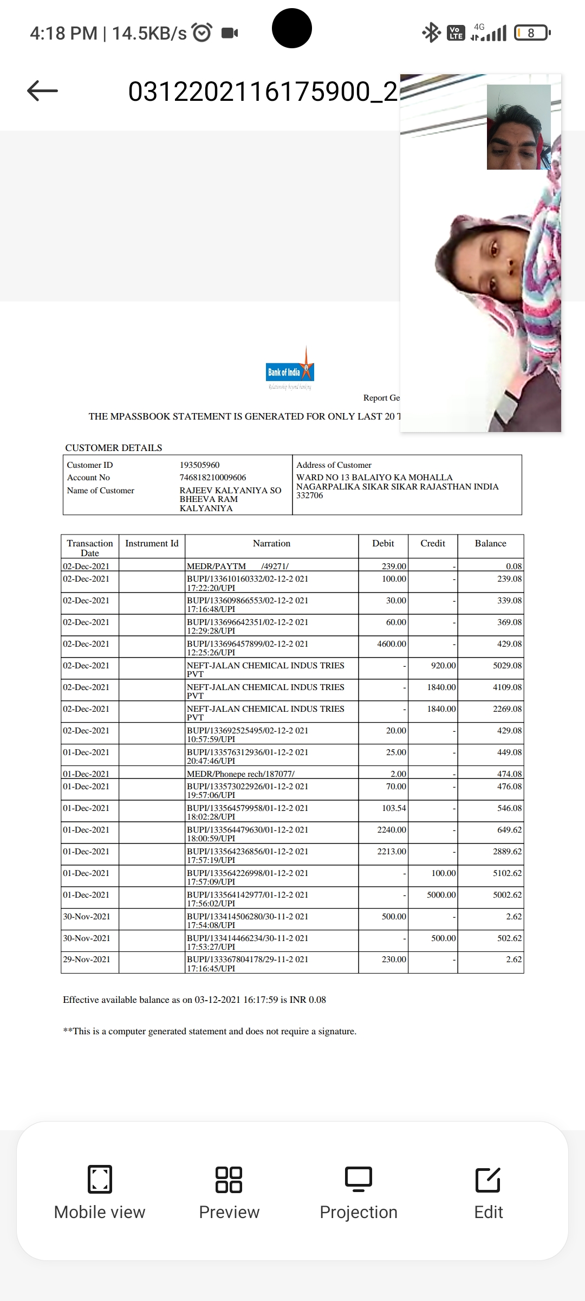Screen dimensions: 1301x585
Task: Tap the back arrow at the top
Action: [x=42, y=91]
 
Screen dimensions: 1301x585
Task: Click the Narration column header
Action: [x=271, y=543]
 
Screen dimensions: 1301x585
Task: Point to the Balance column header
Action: [x=490, y=543]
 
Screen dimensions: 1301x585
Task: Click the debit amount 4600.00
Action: [x=392, y=644]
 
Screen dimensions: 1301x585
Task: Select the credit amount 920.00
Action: [x=443, y=666]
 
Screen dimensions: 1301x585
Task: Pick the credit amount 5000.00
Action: [x=441, y=895]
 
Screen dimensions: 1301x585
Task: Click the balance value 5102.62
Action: [x=507, y=873]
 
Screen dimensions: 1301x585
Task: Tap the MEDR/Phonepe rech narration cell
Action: [x=240, y=774]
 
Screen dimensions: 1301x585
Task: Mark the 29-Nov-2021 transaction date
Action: [x=87, y=959]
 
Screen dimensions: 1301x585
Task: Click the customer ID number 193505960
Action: [x=199, y=465]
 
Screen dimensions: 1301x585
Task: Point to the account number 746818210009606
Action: [x=212, y=478]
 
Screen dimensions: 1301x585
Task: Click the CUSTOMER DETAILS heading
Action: [x=114, y=448]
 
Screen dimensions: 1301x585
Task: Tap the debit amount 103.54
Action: [x=394, y=808]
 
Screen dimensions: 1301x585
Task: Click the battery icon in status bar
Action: [x=532, y=33]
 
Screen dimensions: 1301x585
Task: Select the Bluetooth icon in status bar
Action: [x=431, y=33]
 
